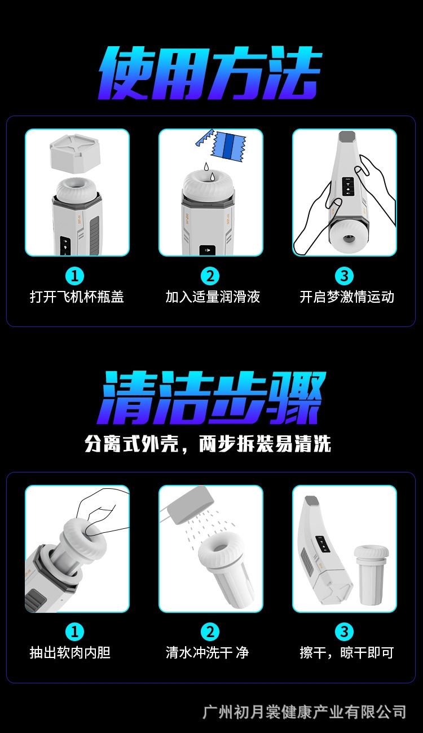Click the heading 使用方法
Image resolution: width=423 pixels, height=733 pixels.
210,73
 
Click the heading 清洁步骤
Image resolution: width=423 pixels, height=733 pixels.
211,398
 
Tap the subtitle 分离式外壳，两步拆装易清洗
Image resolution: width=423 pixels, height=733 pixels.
208,444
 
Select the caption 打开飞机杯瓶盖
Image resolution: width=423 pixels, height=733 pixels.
77,297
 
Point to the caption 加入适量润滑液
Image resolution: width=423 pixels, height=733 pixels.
213,297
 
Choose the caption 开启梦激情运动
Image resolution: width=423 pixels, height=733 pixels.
347,297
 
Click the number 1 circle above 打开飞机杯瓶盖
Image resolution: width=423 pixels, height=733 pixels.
74,276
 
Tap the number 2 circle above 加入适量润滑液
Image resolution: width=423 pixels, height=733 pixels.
210,276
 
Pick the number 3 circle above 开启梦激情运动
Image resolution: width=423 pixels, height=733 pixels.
344,276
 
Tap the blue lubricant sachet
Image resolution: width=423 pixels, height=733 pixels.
228,147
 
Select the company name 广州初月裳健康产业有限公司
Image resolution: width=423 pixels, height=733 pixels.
304,712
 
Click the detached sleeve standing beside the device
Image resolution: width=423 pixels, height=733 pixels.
371,575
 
